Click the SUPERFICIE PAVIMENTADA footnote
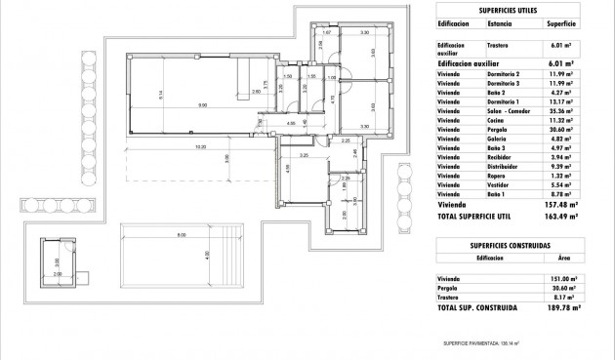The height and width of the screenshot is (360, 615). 482,343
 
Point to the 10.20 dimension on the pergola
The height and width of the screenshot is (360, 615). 200,147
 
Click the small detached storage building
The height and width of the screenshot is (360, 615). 57,260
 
